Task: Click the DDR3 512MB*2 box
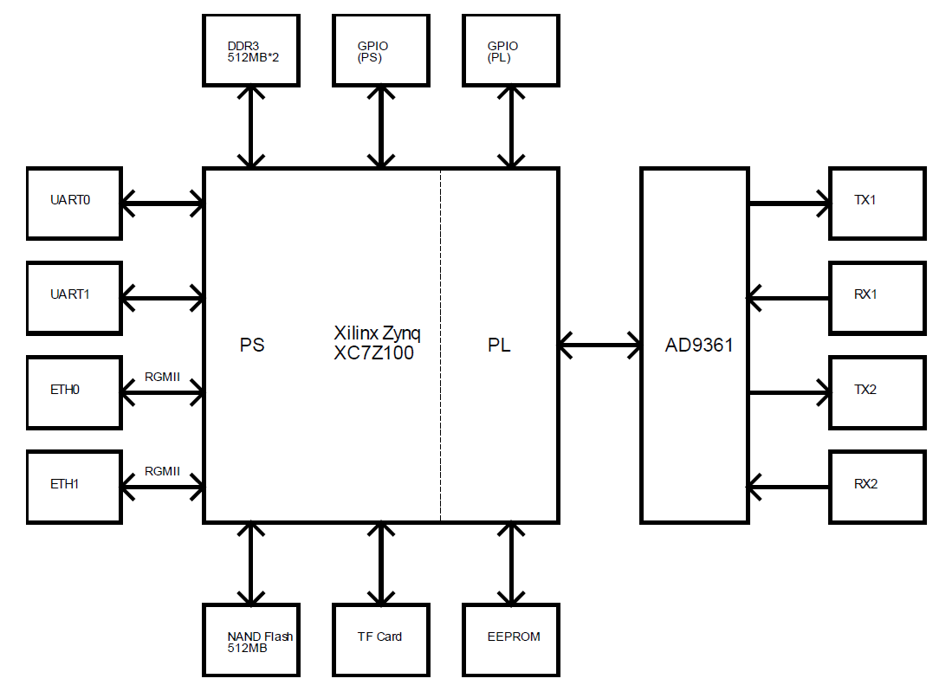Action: pos(251,50)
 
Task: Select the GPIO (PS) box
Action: pos(381,50)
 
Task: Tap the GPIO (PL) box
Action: pos(511,50)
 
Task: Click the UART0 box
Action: pos(74,203)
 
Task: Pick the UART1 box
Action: pos(74,297)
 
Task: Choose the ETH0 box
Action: pos(74,391)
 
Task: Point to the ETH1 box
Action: pos(74,486)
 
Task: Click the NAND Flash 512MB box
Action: pos(251,640)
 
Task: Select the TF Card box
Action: pos(381,640)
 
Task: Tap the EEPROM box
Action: pos(511,640)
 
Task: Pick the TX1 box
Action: pos(877,203)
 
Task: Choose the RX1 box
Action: pos(877,297)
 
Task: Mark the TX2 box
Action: pos(877,391)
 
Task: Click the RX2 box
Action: pos(877,486)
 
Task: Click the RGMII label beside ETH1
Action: pos(162,472)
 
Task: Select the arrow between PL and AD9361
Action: pos(599,346)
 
